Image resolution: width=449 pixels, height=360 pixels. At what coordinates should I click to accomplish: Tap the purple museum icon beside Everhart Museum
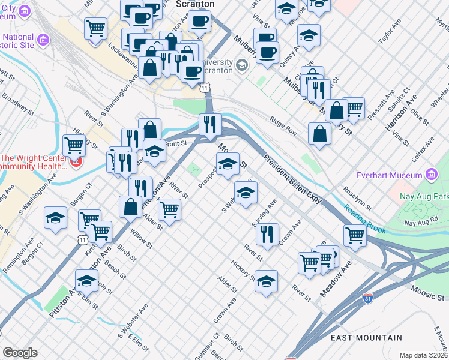coord(430,175)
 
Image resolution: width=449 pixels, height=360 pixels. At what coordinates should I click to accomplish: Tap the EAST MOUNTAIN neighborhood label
coord(367,338)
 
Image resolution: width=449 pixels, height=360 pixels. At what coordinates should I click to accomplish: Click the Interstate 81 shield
coord(368,297)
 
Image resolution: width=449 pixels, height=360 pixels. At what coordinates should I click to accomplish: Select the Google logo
coord(20,353)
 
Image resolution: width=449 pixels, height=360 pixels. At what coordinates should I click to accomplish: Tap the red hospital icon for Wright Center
coord(76,162)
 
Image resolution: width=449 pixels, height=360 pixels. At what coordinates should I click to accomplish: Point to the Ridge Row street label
coord(283,125)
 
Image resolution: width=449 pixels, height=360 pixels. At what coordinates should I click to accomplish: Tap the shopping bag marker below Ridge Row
coord(319,134)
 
